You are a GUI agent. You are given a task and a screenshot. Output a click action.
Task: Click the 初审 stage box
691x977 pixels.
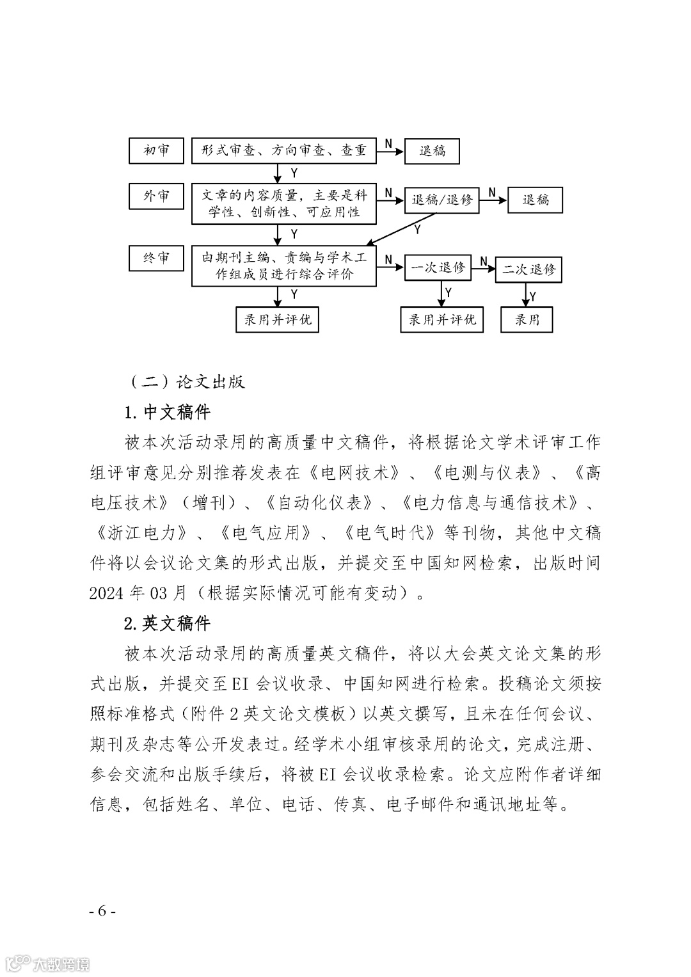pyautogui.click(x=156, y=151)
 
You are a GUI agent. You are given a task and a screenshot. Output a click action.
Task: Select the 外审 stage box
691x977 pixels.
pyautogui.click(x=156, y=196)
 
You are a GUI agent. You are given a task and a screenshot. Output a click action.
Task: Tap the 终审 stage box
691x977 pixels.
pyautogui.click(x=156, y=258)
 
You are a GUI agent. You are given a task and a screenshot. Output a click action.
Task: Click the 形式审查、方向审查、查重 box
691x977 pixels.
pyautogui.click(x=283, y=151)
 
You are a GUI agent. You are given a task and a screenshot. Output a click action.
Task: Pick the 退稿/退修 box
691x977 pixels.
pyautogui.click(x=441, y=200)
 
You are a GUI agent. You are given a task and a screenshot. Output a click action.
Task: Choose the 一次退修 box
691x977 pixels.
pyautogui.click(x=438, y=267)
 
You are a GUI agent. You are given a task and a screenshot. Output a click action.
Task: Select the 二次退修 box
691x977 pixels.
pyautogui.click(x=528, y=269)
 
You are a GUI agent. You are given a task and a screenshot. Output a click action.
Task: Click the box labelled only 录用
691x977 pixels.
pyautogui.click(x=527, y=319)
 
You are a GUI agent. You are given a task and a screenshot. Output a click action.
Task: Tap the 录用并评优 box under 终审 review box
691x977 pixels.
pyautogui.click(x=278, y=319)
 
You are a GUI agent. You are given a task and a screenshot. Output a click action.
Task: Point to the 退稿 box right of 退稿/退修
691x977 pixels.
pyautogui.click(x=536, y=200)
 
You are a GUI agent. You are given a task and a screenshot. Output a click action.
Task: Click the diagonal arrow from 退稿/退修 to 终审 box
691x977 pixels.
pyautogui.click(x=402, y=228)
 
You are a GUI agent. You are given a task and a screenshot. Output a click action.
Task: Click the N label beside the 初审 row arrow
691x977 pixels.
pyautogui.click(x=388, y=144)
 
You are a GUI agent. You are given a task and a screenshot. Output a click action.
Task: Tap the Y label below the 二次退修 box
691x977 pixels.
pyautogui.click(x=533, y=296)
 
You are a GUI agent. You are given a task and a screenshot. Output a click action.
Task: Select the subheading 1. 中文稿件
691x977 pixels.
pyautogui.click(x=168, y=412)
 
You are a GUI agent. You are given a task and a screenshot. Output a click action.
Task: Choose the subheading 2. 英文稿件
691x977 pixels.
pyautogui.click(x=168, y=623)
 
